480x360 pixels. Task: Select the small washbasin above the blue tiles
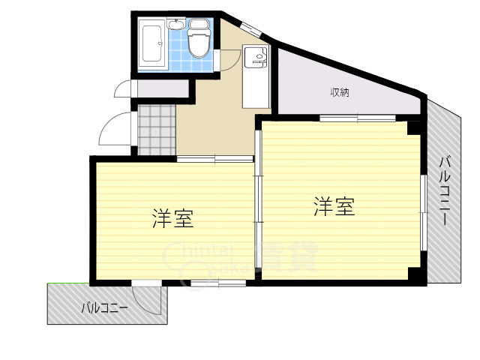pos(177,25)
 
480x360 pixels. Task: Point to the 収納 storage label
pos(341,93)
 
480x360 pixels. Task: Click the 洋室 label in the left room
pos(173,219)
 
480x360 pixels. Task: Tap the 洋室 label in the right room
pos(334,206)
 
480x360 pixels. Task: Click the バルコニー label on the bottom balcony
pos(104,307)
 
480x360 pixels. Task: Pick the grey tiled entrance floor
pos(157,129)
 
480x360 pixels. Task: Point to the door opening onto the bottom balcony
pos(148,298)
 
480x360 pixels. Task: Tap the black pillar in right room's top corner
pos(413,127)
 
